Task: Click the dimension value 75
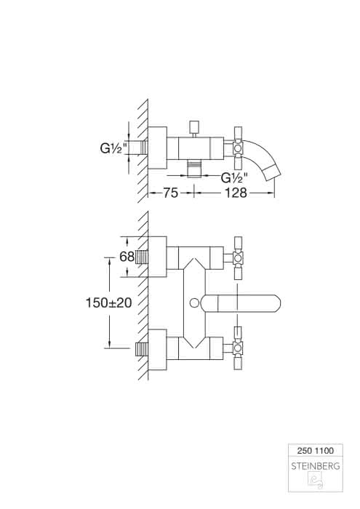tap(170, 193)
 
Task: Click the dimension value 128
tap(236, 193)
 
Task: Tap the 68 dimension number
tap(127, 257)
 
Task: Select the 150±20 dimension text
tap(109, 303)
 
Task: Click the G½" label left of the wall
tap(113, 148)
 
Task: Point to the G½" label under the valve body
tap(234, 177)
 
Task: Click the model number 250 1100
tap(315, 451)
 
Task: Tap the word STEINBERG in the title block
tap(316, 466)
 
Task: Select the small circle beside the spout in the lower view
tap(194, 303)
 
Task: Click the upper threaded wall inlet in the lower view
tap(141, 257)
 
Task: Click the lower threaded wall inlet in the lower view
tap(141, 349)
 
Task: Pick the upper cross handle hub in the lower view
tap(238, 257)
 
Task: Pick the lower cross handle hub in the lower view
tap(238, 348)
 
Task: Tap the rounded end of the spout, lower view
tap(276, 303)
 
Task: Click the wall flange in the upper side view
tap(157, 148)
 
